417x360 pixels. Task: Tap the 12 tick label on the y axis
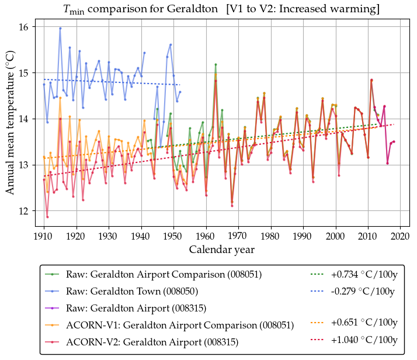(27, 211)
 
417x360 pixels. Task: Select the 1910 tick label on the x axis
(44, 236)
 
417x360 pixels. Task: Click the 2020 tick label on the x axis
(400, 236)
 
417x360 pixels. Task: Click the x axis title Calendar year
(221, 250)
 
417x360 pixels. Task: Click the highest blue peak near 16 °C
(60, 28)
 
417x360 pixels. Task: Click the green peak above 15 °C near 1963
(216, 64)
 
